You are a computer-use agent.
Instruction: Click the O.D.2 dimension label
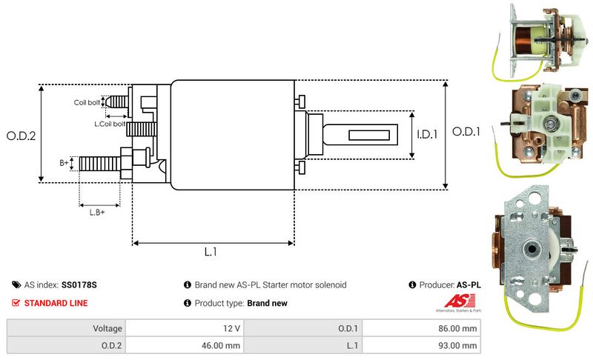point(21,136)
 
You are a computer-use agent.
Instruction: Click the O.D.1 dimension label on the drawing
point(467,132)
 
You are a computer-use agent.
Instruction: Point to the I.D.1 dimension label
point(428,135)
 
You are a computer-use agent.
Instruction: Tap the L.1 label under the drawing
point(211,253)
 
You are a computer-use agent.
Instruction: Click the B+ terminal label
point(64,161)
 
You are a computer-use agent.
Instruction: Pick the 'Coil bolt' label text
point(87,102)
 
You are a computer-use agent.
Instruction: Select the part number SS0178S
point(80,284)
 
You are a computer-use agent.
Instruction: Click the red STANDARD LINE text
point(56,303)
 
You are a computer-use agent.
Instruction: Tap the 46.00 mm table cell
point(222,345)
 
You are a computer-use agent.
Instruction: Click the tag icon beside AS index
point(16,284)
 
